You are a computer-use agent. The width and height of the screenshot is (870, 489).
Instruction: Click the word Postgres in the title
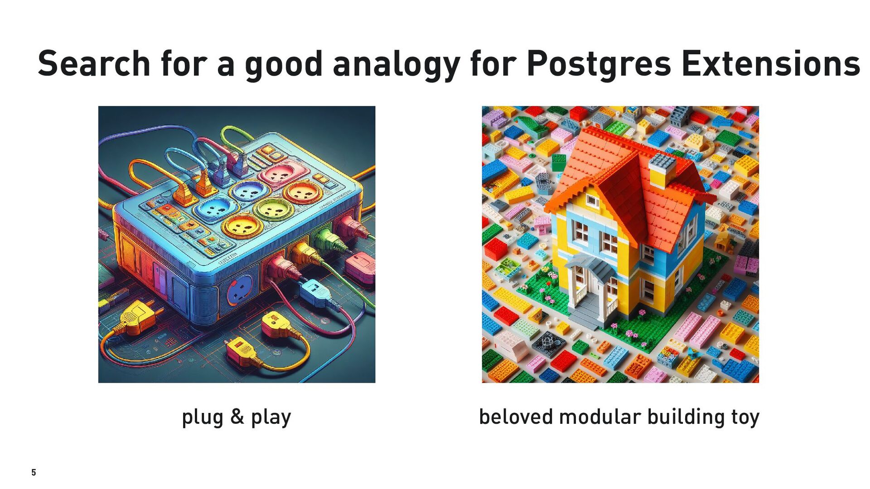point(599,65)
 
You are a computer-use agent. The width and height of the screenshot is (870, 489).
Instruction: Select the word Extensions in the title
point(771,63)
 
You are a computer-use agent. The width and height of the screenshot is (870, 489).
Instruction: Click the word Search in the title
point(94,63)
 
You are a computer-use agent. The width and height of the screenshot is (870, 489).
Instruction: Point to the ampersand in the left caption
point(237,417)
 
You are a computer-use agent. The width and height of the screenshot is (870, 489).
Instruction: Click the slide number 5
point(34,472)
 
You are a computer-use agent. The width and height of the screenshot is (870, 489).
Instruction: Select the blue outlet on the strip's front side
point(240,290)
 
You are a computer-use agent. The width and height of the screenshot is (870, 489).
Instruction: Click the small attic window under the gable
point(592,201)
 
